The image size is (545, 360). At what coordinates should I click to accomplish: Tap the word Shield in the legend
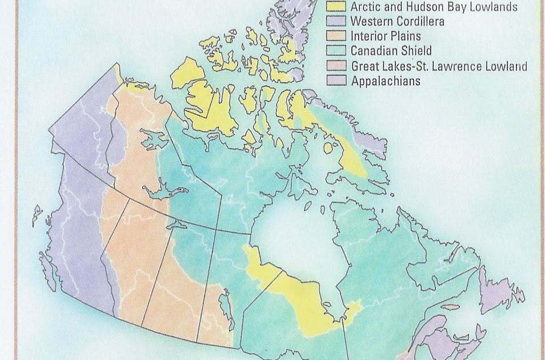click(x=415, y=51)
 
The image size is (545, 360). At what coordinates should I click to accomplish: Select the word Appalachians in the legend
click(x=386, y=81)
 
